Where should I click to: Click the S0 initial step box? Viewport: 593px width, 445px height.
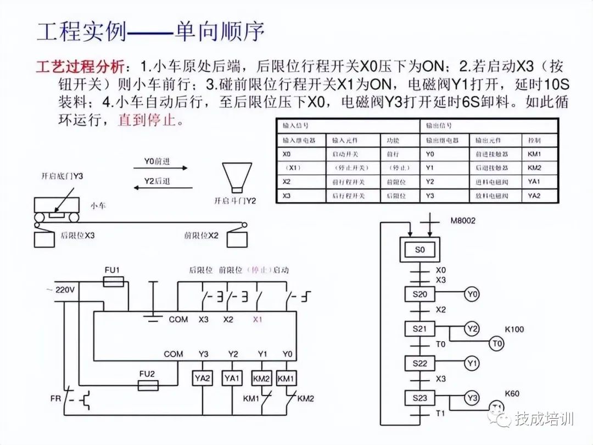click(419, 249)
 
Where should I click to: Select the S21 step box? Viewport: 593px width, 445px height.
click(419, 329)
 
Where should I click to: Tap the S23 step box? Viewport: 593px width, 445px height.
click(419, 397)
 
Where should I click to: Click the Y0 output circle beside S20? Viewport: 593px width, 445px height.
click(472, 294)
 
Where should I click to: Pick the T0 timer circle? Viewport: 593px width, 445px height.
click(496, 344)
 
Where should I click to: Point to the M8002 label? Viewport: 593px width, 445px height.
click(462, 221)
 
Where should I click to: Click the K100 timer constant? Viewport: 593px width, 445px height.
click(514, 329)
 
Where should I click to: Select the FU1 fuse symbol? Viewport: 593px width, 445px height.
click(114, 282)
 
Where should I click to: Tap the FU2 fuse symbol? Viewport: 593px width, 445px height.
click(147, 386)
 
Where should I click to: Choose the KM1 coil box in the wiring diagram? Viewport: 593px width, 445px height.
click(286, 378)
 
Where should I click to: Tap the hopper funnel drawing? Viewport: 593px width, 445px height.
click(236, 176)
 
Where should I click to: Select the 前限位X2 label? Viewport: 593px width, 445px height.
click(202, 235)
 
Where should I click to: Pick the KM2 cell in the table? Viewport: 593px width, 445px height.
click(534, 168)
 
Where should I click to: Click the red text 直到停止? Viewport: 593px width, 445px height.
click(148, 120)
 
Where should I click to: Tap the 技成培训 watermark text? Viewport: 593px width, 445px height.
click(544, 419)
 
